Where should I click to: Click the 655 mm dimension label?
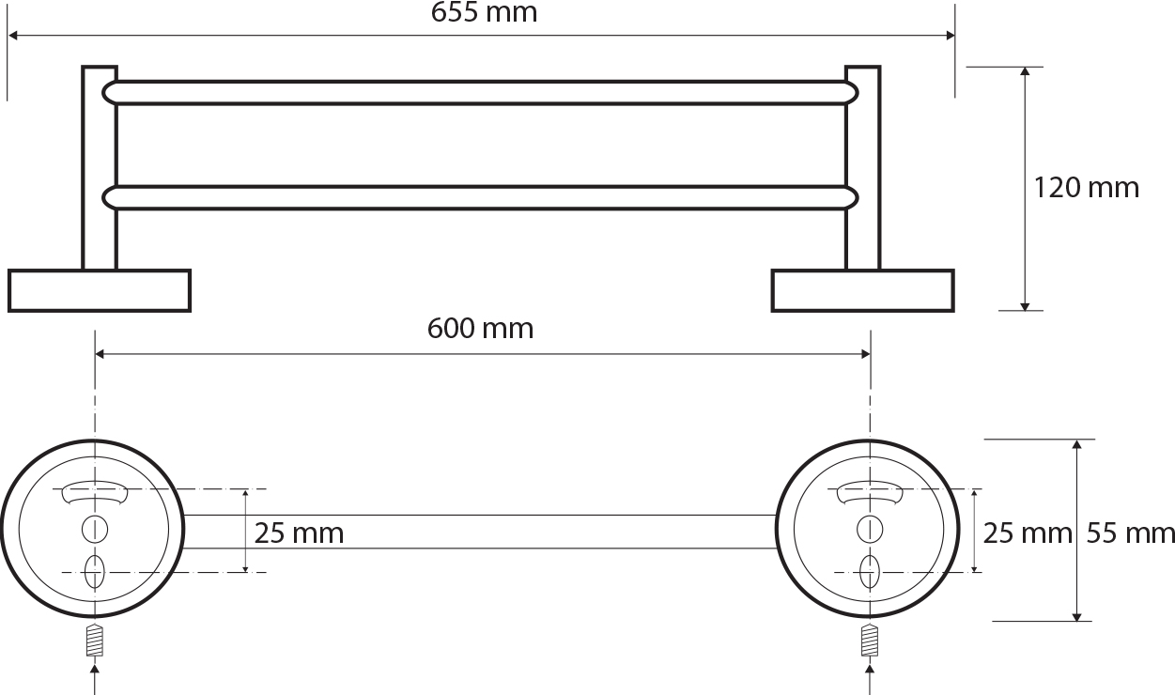click(483, 13)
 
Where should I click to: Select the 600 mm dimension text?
click(480, 329)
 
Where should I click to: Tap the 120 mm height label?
click(1086, 188)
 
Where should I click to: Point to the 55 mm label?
click(1131, 533)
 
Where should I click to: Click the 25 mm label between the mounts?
click(299, 533)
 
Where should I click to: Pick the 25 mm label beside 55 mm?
click(1027, 533)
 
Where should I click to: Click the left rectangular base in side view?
click(100, 290)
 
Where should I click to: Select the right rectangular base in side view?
click(862, 290)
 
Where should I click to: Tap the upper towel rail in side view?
click(481, 92)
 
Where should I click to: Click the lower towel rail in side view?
click(481, 197)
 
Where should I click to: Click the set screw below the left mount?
click(94, 641)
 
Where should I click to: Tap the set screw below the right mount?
click(870, 641)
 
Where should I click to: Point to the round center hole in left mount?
click(93, 528)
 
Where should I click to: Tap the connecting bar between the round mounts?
click(481, 532)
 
